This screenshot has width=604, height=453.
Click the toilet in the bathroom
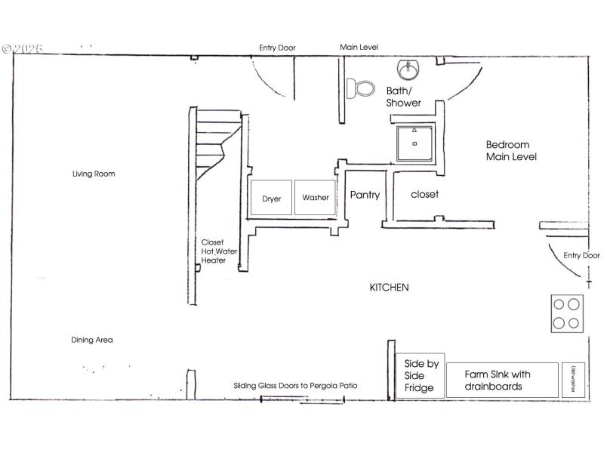[362, 88]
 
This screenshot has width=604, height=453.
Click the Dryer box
[271, 199]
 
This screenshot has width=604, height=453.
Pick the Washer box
[315, 198]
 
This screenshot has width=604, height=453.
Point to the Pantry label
[365, 195]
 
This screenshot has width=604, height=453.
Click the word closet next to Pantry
[424, 194]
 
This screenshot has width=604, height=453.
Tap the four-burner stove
[566, 313]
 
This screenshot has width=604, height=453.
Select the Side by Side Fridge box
[420, 375]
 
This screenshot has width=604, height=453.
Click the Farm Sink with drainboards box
[501, 380]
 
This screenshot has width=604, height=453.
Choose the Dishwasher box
[573, 380]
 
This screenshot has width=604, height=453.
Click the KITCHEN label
[389, 288]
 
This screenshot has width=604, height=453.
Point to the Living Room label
[94, 174]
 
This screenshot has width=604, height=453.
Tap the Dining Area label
[92, 340]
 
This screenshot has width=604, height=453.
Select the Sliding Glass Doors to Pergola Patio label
[295, 386]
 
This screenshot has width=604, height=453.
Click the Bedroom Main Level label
[510, 151]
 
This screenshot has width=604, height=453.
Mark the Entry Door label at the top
[277, 48]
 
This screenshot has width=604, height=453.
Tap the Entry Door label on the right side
[581, 256]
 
